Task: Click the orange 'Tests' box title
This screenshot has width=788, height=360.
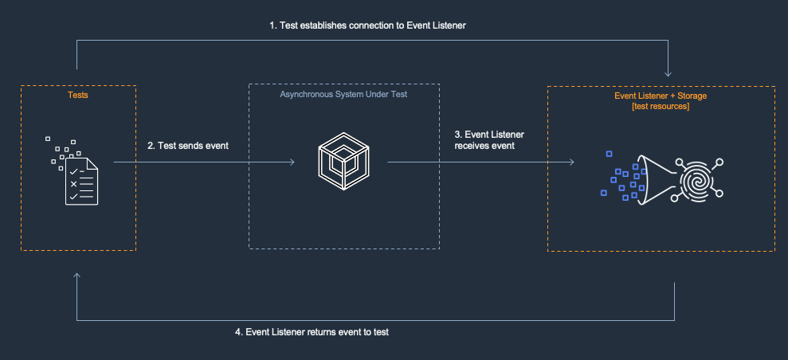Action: (77, 95)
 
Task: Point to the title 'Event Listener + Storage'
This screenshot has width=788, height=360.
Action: (661, 96)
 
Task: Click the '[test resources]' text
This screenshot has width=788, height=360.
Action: (661, 107)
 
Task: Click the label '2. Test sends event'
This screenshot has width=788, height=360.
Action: (188, 146)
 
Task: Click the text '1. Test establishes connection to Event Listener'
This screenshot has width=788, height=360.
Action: (367, 25)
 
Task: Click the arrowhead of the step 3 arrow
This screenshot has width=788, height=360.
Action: (571, 162)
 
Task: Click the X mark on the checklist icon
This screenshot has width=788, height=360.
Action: (73, 183)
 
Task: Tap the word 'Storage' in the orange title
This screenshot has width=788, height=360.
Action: (691, 96)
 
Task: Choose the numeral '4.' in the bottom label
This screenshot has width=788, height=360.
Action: (239, 332)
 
